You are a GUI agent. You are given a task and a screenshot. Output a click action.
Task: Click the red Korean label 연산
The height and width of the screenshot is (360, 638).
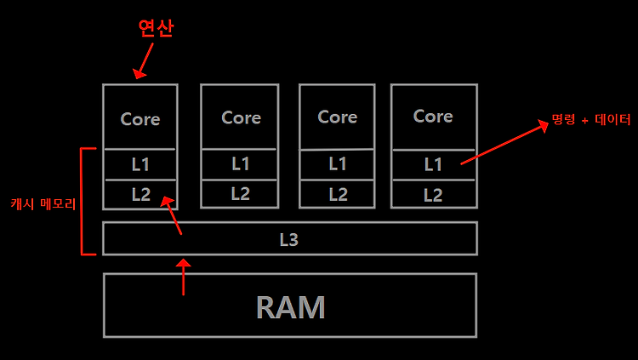coord(156,28)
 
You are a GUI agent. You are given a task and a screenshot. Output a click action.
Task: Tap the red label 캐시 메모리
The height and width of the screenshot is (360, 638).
coord(43,203)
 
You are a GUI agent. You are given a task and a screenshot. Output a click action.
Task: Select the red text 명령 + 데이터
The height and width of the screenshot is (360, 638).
coord(591,119)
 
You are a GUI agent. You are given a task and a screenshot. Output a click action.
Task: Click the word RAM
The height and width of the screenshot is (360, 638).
coord(291,307)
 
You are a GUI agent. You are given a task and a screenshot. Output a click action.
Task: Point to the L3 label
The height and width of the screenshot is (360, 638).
coord(289,239)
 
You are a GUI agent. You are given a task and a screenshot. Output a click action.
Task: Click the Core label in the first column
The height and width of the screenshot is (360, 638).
coord(140,119)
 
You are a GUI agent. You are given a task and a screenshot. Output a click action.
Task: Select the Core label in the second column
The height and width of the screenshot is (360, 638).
coord(241,117)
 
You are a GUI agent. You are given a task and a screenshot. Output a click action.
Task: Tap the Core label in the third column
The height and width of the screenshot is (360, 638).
coord(338,117)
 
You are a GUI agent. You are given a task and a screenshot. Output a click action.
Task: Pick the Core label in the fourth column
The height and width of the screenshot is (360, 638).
coord(433,116)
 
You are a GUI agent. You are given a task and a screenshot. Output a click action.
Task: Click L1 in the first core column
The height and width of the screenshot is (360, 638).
coord(140,164)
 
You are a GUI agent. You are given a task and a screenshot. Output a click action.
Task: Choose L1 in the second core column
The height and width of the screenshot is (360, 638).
coord(240,163)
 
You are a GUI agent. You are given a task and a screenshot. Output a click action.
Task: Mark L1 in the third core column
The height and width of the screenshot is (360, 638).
coord(338,163)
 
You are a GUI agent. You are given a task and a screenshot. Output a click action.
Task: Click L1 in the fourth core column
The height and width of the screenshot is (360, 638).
coord(433,164)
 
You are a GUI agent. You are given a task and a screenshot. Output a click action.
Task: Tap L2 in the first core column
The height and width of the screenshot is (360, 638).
coord(140,194)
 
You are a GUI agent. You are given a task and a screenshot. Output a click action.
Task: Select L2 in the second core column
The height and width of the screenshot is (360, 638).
coord(240,193)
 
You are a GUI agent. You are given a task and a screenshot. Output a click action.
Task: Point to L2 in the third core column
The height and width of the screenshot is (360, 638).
coord(338,195)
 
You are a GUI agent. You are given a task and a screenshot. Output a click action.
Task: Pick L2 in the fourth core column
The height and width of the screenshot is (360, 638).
coord(433,195)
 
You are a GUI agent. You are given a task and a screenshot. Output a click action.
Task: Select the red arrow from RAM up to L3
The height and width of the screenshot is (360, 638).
coord(184,277)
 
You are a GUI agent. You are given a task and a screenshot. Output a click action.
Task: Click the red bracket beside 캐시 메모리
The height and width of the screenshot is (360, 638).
coord(82,201)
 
